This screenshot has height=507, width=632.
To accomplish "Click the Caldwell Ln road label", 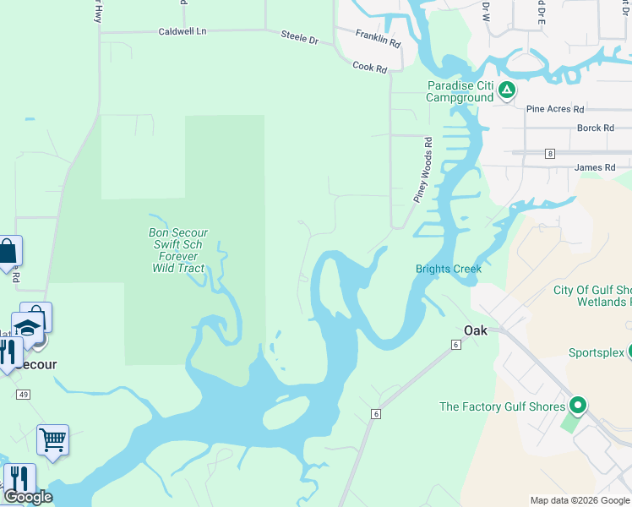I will (x=183, y=31).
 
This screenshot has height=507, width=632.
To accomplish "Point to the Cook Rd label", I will (x=369, y=66).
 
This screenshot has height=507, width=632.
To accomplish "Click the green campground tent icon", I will (x=506, y=90).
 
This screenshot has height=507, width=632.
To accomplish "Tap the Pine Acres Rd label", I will (x=555, y=109).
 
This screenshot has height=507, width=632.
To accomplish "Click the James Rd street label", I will (x=595, y=167).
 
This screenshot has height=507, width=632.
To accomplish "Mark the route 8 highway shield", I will (x=550, y=153).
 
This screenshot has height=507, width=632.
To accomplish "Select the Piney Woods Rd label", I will (x=423, y=169).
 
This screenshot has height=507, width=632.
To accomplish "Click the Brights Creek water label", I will (x=448, y=270).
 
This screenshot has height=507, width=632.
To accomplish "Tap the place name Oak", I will (x=476, y=330).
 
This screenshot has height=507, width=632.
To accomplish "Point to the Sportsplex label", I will (x=596, y=352).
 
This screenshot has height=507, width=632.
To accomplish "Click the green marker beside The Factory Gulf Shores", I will (x=578, y=406).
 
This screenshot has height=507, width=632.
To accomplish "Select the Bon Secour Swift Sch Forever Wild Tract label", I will (x=178, y=250).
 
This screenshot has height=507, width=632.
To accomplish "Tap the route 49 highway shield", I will (x=23, y=395).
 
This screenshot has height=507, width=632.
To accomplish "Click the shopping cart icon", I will (x=52, y=439).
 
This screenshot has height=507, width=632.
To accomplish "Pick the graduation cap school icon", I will (x=27, y=327).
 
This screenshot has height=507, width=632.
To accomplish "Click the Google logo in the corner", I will (x=27, y=498).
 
